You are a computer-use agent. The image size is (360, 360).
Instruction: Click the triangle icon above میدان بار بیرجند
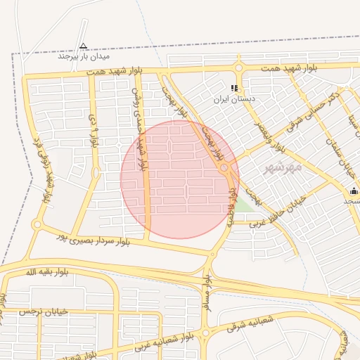tap(84, 46)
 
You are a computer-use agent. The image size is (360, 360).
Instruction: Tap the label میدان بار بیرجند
tap(84, 56)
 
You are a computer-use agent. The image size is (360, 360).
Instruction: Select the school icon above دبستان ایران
tap(235, 89)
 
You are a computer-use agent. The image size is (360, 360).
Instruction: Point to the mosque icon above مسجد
tap(354, 191)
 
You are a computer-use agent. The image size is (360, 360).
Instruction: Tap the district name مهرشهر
tap(283, 167)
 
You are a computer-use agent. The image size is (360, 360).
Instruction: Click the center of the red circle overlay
tap(179, 179)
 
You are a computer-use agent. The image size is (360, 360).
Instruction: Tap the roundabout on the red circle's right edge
tap(224, 169)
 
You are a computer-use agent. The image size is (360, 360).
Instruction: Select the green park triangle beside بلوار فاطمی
tap(244, 204)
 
